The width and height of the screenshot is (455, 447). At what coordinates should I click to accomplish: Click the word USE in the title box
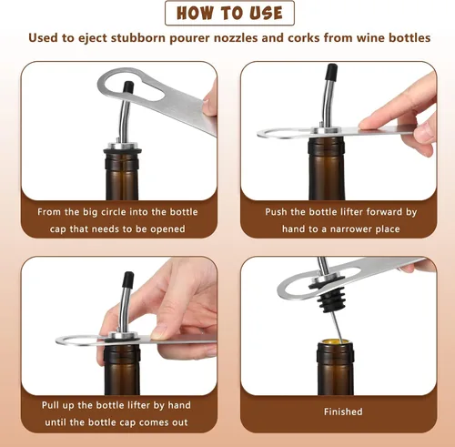(266, 13)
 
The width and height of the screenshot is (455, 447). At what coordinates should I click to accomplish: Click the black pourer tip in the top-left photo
(128, 86)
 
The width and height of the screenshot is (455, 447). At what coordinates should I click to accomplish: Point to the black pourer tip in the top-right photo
(331, 72)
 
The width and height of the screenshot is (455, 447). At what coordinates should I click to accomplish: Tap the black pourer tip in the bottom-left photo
(128, 279)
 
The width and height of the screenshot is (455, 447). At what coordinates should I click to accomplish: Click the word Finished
(343, 411)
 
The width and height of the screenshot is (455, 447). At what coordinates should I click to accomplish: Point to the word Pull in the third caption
(50, 405)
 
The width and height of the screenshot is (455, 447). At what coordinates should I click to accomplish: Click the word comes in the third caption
(152, 422)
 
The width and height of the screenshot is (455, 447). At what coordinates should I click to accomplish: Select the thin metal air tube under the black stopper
(337, 327)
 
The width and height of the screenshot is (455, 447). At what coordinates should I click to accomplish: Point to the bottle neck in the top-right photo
(327, 168)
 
